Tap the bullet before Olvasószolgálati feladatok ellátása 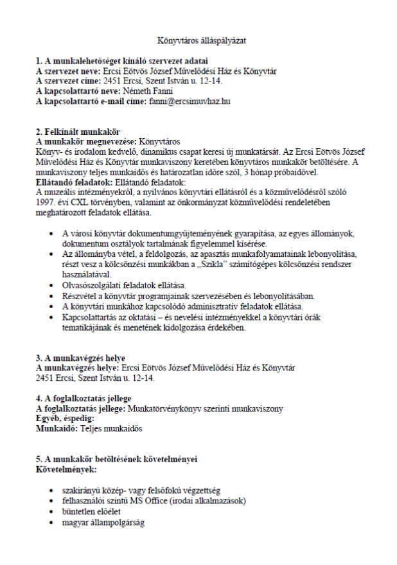(x=53, y=285)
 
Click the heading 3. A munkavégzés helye (x=80, y=358)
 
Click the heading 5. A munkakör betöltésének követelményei (x=116, y=460)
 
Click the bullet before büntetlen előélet (x=53, y=511)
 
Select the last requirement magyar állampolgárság (x=103, y=522)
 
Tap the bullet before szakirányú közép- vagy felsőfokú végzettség (x=53, y=490)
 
